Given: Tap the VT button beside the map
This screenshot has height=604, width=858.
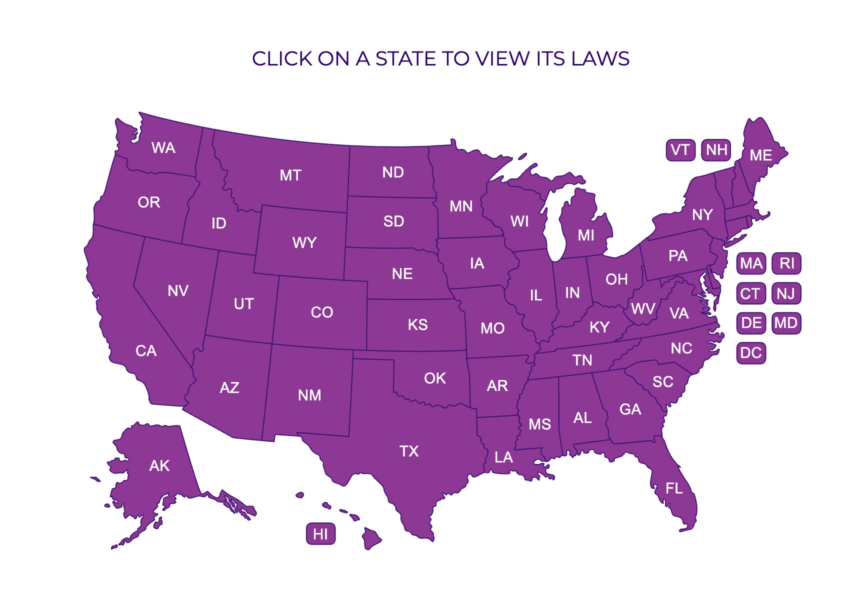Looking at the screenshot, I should pyautogui.click(x=680, y=150).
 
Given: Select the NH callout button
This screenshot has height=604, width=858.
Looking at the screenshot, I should pyautogui.click(x=716, y=150).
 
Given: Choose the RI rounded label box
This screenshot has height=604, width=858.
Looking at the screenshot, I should pyautogui.click(x=786, y=263).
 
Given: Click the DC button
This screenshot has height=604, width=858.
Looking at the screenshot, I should pyautogui.click(x=750, y=353).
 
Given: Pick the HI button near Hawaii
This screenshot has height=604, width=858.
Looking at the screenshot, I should pyautogui.click(x=320, y=534).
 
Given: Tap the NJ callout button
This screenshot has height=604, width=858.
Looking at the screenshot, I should pyautogui.click(x=786, y=293).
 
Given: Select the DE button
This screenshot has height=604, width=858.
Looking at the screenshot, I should pyautogui.click(x=751, y=323).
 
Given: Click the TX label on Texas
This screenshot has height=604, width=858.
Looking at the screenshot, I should pyautogui.click(x=409, y=451).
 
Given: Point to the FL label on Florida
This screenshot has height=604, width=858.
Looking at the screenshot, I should pyautogui.click(x=674, y=488).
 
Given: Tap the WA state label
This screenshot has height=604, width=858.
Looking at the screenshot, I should pyautogui.click(x=163, y=148).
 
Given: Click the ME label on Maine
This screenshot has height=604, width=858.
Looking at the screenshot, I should pyautogui.click(x=760, y=155).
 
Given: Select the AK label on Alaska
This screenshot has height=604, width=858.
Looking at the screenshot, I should pyautogui.click(x=159, y=466).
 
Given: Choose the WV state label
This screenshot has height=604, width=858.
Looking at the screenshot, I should pyautogui.click(x=642, y=309).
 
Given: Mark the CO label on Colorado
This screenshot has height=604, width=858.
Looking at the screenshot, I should pyautogui.click(x=321, y=312).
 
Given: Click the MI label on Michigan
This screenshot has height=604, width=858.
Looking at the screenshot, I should pyautogui.click(x=586, y=235).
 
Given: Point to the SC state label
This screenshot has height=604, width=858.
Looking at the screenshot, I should pyautogui.click(x=663, y=382).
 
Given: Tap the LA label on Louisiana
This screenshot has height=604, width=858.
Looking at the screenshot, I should pyautogui.click(x=503, y=457).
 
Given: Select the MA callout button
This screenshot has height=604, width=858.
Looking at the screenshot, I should pyautogui.click(x=751, y=263).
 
